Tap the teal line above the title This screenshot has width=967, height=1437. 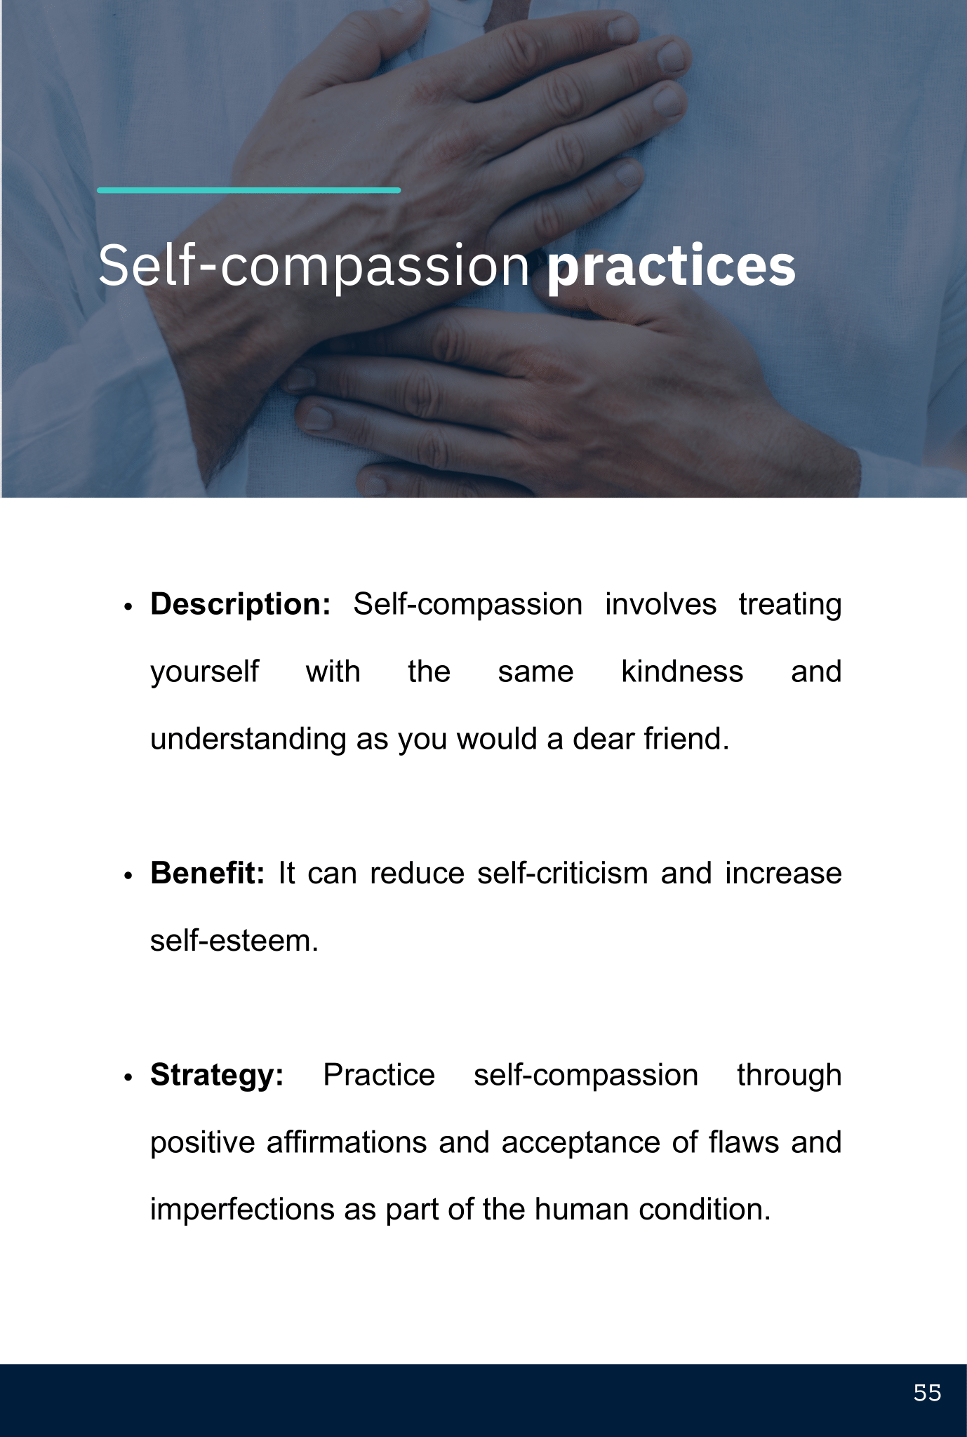coord(249,190)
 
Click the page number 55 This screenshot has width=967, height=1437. coord(927,1393)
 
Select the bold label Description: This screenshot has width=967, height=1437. coord(241,604)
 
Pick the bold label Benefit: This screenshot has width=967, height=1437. coord(208,873)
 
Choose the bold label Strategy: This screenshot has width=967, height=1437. coord(218,1075)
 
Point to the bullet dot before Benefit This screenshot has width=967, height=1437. coord(128,876)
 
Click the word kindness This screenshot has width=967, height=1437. coord(682,671)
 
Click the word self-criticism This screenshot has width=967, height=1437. coord(563,873)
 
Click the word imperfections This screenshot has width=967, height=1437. coord(243,1210)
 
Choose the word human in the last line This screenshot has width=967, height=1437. coord(582,1210)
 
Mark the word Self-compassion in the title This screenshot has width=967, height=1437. coord(314,267)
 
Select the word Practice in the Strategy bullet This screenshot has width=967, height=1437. coord(379,1075)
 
